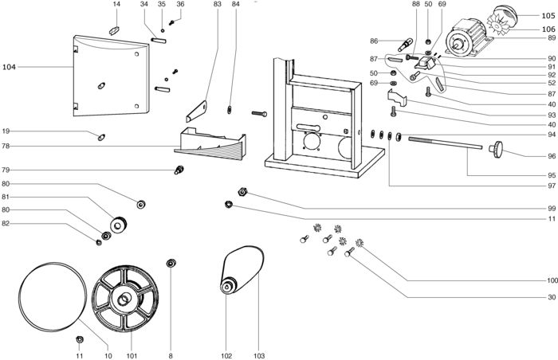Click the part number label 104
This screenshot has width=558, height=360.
click(9, 68)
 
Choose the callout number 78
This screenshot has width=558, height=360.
click(6, 146)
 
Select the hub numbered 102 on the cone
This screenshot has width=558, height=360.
click(228, 284)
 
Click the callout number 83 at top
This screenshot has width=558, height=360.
click(218, 5)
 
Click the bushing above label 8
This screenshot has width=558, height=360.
click(170, 263)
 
